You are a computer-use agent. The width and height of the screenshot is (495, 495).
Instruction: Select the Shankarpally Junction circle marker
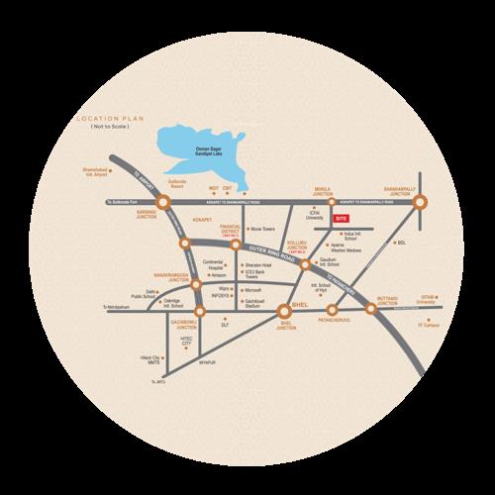click(x=420, y=202)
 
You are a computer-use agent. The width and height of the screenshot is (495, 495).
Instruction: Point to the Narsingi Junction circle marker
click(x=164, y=203)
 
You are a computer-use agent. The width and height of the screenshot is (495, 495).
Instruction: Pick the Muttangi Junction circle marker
click(x=372, y=309)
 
